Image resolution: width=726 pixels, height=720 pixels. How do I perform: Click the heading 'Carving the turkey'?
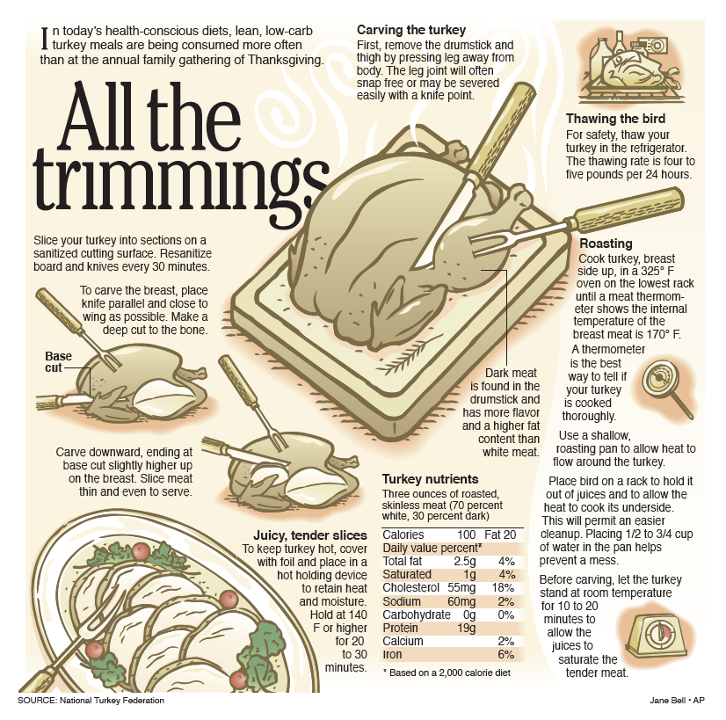pyautogui.click(x=411, y=30)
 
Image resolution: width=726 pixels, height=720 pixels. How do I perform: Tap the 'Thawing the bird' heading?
pyautogui.click(x=615, y=119)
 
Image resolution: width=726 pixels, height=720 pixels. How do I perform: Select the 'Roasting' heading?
pyautogui.click(x=606, y=244)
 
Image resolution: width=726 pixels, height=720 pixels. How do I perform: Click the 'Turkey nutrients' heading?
pyautogui.click(x=430, y=479)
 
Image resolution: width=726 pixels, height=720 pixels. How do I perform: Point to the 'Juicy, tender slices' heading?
pyautogui.click(x=309, y=535)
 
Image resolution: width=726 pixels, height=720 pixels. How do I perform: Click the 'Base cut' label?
pyautogui.click(x=58, y=362)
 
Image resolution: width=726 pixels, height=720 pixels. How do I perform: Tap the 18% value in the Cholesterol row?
pyautogui.click(x=503, y=588)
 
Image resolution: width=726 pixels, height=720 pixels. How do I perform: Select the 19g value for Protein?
pyautogui.click(x=467, y=628)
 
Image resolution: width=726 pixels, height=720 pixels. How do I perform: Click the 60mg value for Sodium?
pyautogui.click(x=461, y=601)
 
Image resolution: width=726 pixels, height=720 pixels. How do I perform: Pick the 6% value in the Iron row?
pyautogui.click(x=506, y=655)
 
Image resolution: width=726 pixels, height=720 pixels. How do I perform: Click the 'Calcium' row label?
pyautogui.click(x=403, y=641)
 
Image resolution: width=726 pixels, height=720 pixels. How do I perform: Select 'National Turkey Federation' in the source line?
pyautogui.click(x=112, y=701)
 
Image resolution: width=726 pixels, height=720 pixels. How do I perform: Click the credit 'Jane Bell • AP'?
pyautogui.click(x=677, y=701)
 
